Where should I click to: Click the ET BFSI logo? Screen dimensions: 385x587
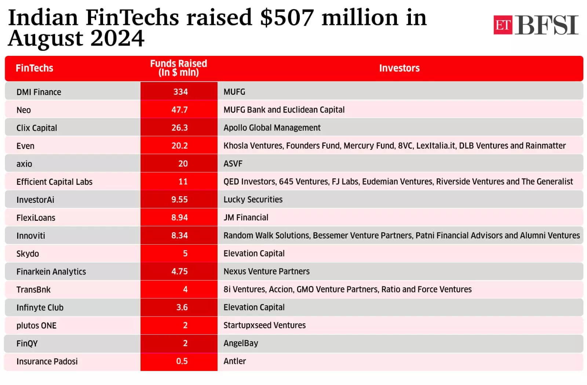tap(536, 25)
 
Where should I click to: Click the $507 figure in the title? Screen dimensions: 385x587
tap(287, 18)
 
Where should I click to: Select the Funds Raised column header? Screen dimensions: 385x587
tap(179, 68)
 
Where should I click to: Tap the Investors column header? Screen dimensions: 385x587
tap(399, 68)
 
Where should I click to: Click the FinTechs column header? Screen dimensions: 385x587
tap(34, 68)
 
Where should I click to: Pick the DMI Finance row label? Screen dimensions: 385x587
tap(39, 92)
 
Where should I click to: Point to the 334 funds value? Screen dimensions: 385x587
tap(180, 91)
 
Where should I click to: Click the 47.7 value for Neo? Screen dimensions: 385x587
tap(179, 109)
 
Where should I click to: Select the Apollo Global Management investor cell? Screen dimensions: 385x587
tap(272, 127)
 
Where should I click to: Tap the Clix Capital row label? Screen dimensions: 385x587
tap(37, 128)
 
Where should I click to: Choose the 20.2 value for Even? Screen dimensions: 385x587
tap(179, 145)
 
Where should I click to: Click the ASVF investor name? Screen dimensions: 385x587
tap(233, 163)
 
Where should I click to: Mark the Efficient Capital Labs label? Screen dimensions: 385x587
tap(54, 182)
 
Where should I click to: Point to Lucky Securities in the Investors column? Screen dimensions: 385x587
tap(253, 199)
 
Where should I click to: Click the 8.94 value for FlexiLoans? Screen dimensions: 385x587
tap(179, 217)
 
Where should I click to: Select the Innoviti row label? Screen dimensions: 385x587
tap(31, 235)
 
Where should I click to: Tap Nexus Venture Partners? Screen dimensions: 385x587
tap(266, 271)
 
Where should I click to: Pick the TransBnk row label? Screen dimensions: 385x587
tap(33, 289)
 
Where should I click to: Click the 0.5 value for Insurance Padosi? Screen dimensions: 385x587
tap(182, 361)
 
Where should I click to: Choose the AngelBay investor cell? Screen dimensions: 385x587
tap(241, 343)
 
